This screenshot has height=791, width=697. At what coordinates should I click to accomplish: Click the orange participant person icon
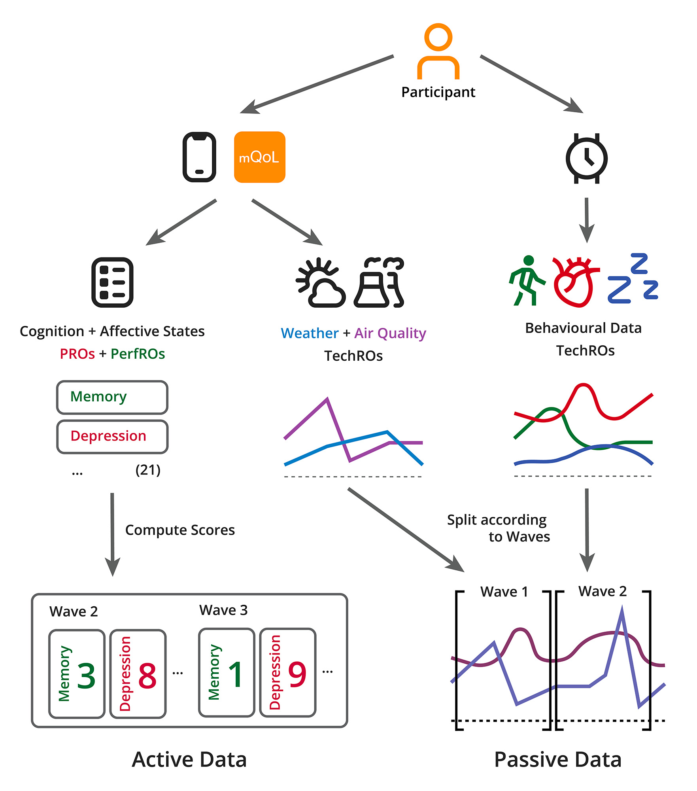pyautogui.click(x=438, y=51)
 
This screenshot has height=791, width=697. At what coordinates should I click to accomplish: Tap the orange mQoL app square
pyautogui.click(x=259, y=157)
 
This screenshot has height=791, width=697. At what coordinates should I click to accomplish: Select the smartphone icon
pyautogui.click(x=199, y=157)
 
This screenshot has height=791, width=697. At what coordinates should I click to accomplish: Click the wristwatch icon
pyautogui.click(x=587, y=158)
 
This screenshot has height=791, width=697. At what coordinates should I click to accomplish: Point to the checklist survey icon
pyautogui.click(x=112, y=282)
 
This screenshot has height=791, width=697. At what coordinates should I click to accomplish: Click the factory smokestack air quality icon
pyautogui.click(x=379, y=282)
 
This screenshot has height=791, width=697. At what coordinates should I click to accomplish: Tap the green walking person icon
pyautogui.click(x=527, y=281)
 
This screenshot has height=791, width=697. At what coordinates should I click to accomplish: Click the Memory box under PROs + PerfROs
pyautogui.click(x=112, y=397)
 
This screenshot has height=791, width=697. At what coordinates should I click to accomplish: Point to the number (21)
pyautogui.click(x=148, y=470)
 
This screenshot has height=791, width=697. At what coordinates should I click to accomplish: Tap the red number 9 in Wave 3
pyautogui.click(x=297, y=675)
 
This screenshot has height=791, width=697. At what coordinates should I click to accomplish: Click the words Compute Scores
pyautogui.click(x=180, y=530)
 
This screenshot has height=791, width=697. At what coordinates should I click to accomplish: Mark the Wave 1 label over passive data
pyautogui.click(x=504, y=592)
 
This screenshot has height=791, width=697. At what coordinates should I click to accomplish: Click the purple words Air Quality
pyautogui.click(x=390, y=333)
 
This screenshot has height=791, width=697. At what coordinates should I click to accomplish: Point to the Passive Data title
pyautogui.click(x=558, y=759)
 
